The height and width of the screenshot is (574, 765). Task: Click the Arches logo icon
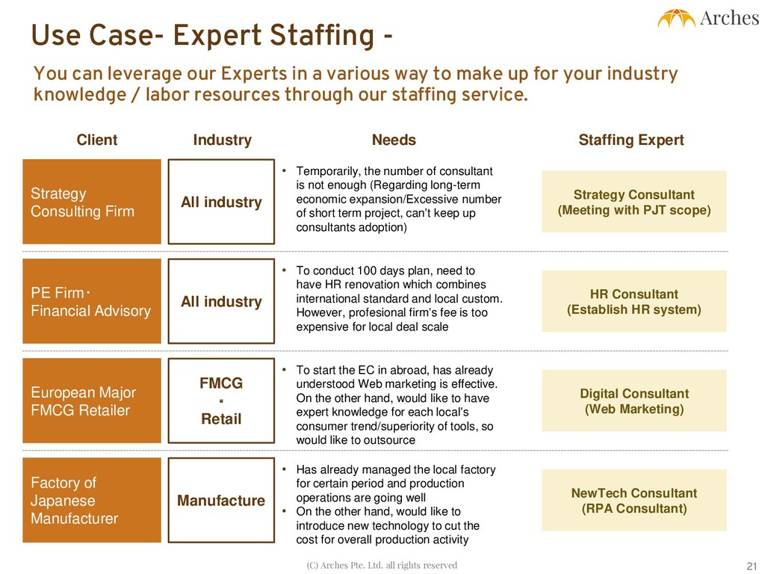(x=676, y=19)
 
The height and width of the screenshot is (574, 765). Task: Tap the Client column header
(x=97, y=140)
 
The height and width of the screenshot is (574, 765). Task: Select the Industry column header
(x=222, y=140)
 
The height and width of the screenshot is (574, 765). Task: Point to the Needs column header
(x=394, y=140)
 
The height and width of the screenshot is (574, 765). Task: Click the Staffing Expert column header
(x=631, y=140)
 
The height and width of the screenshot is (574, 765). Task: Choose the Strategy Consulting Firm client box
(x=92, y=202)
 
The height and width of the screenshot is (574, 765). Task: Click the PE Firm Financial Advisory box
(x=92, y=301)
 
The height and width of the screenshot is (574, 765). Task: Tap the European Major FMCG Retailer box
(x=92, y=401)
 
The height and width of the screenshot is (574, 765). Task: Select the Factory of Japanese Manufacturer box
(x=92, y=500)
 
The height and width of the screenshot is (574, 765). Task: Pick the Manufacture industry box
(x=221, y=500)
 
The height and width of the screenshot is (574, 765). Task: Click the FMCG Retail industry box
(x=221, y=401)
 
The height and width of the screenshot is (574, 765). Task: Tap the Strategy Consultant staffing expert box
(x=634, y=202)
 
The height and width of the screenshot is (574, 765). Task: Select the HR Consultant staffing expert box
(x=634, y=301)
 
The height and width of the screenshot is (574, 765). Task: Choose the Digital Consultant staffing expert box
(x=634, y=401)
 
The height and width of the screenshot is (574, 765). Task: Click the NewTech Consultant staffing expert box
(x=634, y=500)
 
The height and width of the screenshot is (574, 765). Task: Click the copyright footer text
(x=382, y=565)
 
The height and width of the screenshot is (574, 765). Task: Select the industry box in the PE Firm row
(x=221, y=301)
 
